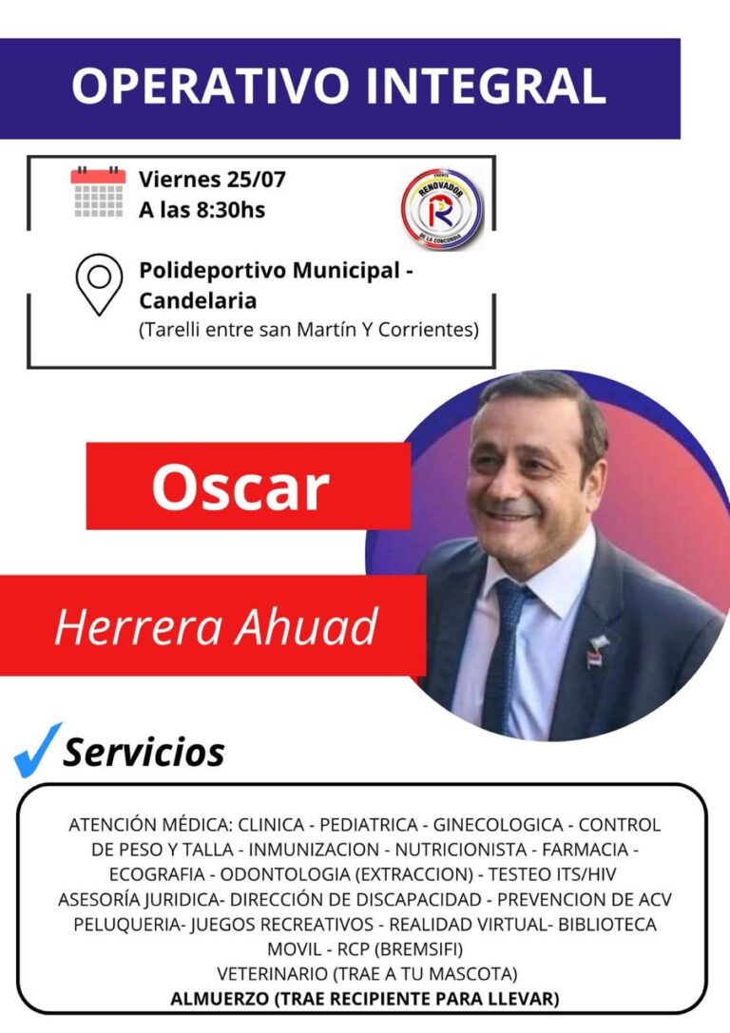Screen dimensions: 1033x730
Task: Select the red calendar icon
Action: coord(98,192)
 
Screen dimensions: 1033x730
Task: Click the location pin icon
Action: coord(99,285)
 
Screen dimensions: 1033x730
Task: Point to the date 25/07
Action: coord(256,180)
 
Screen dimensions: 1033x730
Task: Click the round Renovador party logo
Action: coord(441,206)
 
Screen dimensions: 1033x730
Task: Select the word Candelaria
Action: coord(198,301)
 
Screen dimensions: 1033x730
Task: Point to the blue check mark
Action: coord(37,750)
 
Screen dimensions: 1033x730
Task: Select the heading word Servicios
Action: coord(144,753)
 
